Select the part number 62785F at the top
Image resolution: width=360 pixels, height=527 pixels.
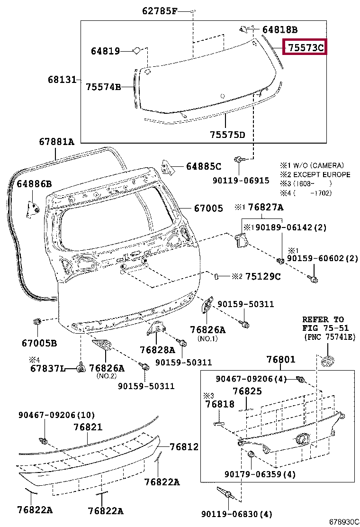coord(159,11)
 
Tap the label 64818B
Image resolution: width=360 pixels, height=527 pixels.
coord(280,30)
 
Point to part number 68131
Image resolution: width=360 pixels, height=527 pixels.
coord(62,80)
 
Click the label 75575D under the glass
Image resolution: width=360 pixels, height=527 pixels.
coord(227,135)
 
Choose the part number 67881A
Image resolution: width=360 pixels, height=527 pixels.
coord(56,141)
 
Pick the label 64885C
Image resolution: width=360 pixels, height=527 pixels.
coord(204,166)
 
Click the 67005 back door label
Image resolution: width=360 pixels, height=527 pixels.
coord(208,208)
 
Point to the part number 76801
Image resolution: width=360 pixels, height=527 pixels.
coord(280,359)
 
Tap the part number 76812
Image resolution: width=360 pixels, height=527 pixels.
coord(184,446)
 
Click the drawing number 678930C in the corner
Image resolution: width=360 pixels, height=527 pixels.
coord(344,521)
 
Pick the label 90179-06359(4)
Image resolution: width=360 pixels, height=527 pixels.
coord(260,474)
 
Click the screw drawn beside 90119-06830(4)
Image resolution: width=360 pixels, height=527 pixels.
coord(224,492)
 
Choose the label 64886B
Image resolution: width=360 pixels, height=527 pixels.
coord(35,183)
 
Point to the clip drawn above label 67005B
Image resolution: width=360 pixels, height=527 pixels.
coord(37,323)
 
